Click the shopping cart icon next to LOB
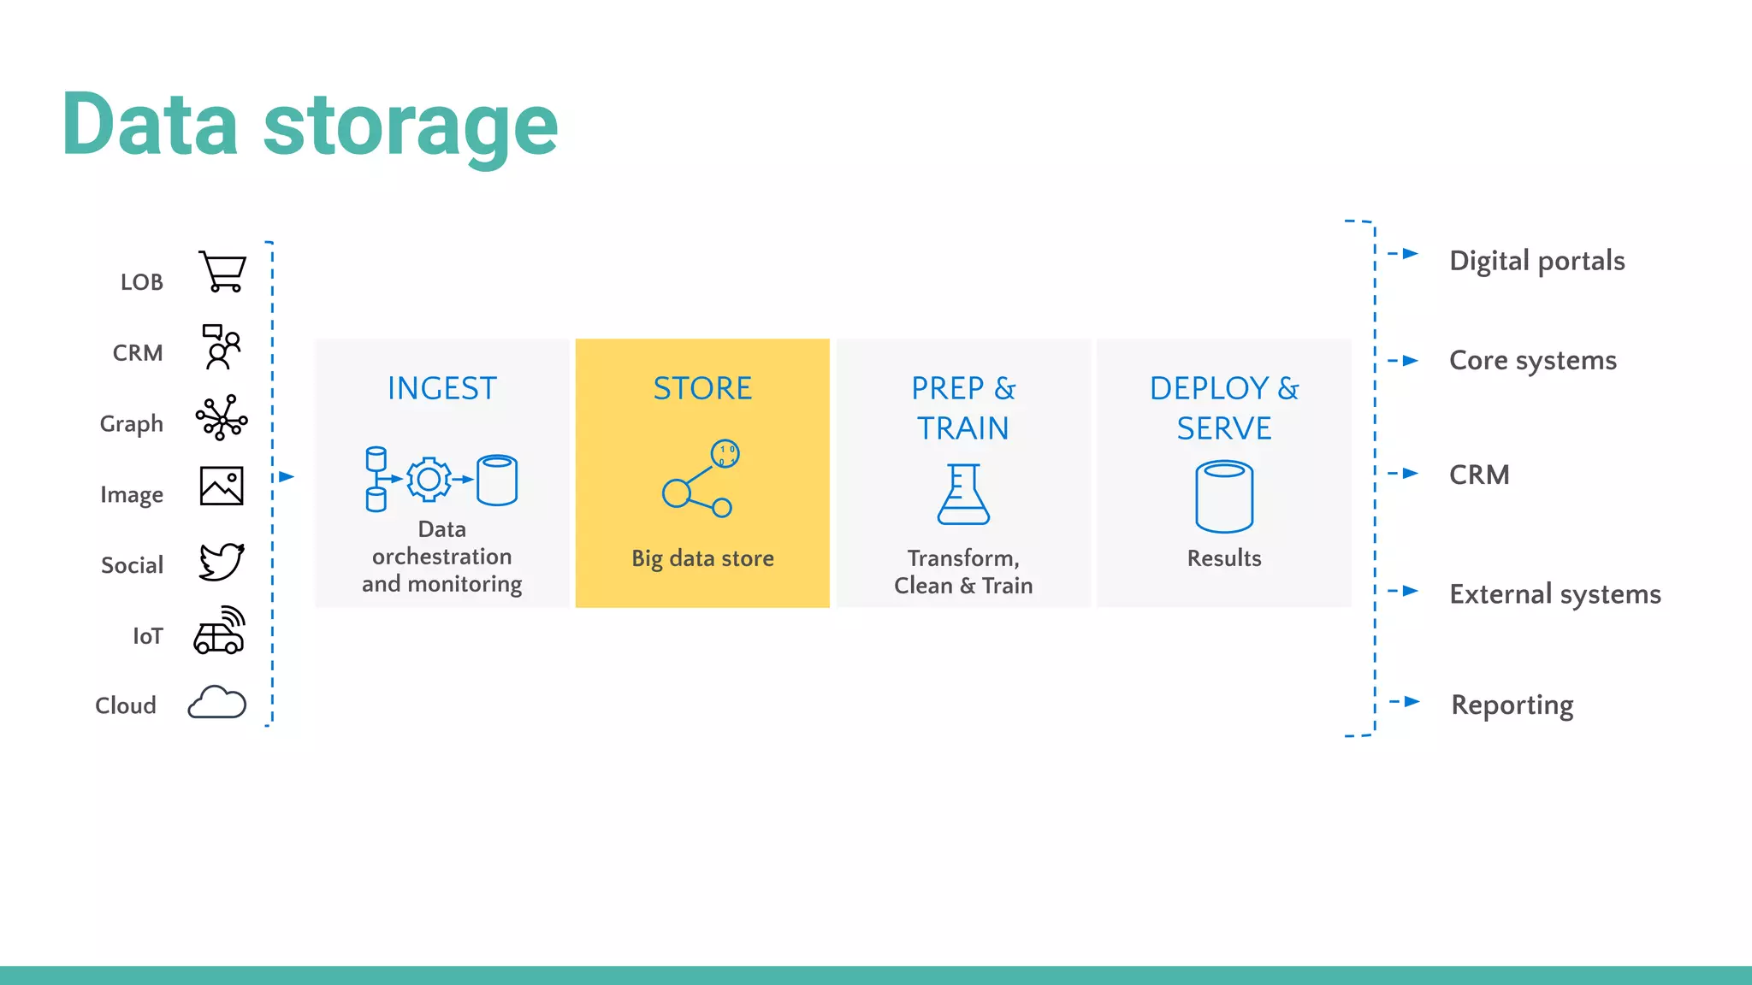click(x=222, y=272)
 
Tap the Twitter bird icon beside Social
click(x=222, y=562)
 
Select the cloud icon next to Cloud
click(x=216, y=702)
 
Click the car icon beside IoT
click(x=219, y=632)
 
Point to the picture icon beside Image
click(x=222, y=486)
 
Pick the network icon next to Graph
click(x=222, y=418)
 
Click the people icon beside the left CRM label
click(x=222, y=346)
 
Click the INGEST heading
click(x=441, y=388)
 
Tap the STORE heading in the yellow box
click(x=702, y=388)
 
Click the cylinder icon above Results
click(x=1224, y=497)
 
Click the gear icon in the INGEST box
click(x=429, y=479)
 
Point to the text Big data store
click(x=702, y=558)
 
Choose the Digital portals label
click(x=1536, y=261)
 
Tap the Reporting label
click(x=1512, y=705)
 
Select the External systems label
click(x=1554, y=594)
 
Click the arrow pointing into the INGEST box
click(x=287, y=476)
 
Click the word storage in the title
click(x=411, y=126)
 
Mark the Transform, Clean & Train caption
click(x=963, y=572)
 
